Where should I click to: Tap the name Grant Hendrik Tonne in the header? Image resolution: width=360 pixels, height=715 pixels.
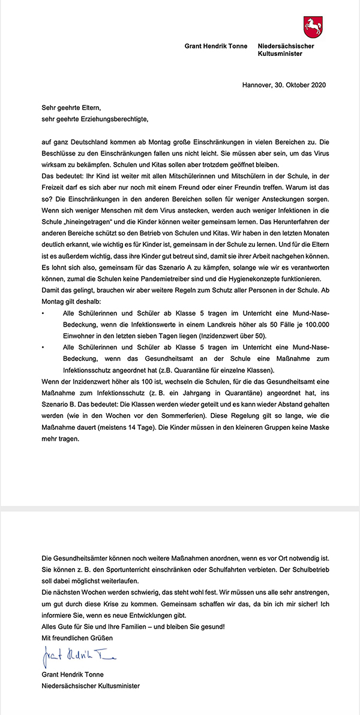click(x=216, y=46)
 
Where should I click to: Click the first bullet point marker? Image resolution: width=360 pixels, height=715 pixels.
click(x=43, y=315)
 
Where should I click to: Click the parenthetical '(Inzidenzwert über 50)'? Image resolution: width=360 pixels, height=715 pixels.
click(x=233, y=337)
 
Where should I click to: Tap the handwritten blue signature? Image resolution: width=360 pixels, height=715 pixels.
click(x=79, y=656)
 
